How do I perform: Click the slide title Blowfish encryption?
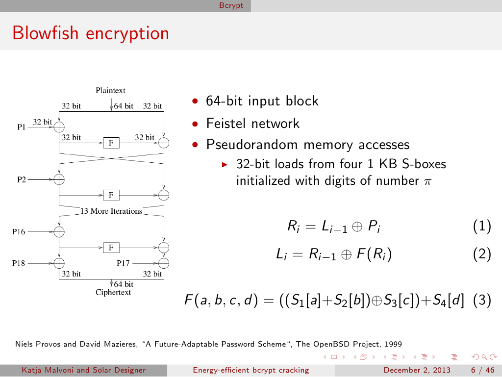tap(91, 33)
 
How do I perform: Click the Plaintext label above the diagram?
tap(110, 90)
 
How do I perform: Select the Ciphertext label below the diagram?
tap(113, 292)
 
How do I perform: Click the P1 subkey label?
tap(22, 126)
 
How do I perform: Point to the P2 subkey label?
tap(22, 179)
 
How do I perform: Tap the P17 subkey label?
tap(123, 263)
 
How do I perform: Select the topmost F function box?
tap(111, 143)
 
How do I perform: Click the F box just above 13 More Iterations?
tap(111, 195)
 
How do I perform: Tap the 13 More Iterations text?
tap(111, 211)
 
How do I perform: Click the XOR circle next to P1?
tap(59, 126)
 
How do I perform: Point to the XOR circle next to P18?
tap(59, 263)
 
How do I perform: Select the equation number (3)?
tap(482, 300)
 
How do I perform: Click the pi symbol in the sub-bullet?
tap(427, 181)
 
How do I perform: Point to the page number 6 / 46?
tap(482, 370)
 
